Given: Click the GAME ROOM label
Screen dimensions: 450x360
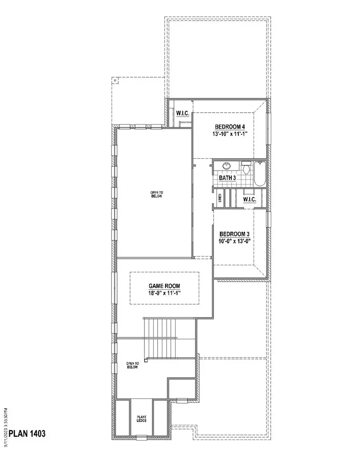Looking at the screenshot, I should point(164,286).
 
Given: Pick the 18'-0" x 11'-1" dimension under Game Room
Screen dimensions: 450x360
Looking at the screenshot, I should point(164,293).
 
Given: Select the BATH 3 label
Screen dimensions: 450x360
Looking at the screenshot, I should point(227,178).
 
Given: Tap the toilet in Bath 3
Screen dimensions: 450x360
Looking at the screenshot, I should point(246,168).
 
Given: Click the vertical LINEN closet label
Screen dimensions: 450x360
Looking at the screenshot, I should point(220,199).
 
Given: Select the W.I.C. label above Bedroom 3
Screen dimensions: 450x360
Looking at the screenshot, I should point(249,199).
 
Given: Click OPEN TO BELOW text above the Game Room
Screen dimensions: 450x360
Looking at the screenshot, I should point(154,194).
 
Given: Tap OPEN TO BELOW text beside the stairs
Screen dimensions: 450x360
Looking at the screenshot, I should point(132,365).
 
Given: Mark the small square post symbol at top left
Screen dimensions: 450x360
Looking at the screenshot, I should point(115,80).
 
